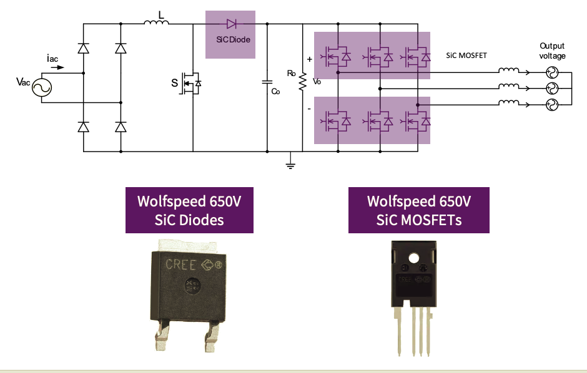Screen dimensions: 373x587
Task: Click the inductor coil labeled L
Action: pos(156,24)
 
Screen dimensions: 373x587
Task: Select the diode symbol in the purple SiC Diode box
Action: pos(231,24)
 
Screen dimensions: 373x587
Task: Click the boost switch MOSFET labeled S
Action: pos(191,84)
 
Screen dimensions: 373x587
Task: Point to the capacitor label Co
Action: pos(275,92)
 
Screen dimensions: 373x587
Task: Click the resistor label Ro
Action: pos(291,73)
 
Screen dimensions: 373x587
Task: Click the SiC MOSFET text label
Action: pos(466,56)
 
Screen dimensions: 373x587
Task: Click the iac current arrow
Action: pos(56,67)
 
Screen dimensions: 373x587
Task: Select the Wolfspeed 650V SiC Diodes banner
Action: pos(189,210)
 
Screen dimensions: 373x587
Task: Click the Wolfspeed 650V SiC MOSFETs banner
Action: pos(418,210)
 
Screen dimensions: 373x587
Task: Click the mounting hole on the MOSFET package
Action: pos(413,258)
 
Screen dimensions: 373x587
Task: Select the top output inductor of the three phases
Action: pos(508,71)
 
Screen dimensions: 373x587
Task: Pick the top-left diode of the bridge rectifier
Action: pos(83,48)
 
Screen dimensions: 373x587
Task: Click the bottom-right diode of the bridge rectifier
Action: pos(121,127)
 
